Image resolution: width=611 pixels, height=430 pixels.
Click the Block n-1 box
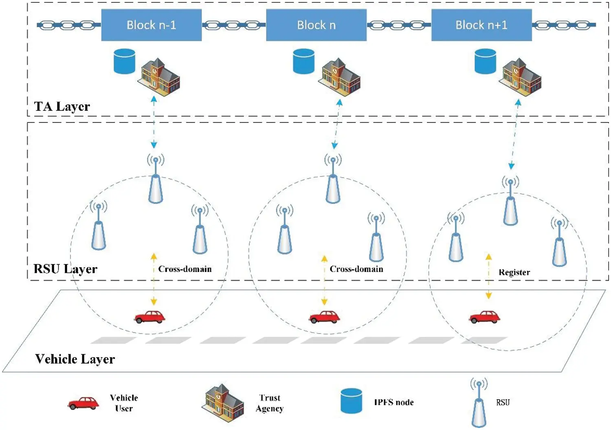point(151,25)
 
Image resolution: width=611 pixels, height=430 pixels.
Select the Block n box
point(316,25)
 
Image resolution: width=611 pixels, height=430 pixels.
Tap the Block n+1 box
point(481,25)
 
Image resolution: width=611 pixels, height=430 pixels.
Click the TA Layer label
point(62,106)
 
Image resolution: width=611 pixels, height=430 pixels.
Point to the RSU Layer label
point(65,269)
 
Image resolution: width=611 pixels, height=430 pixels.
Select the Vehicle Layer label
point(75,359)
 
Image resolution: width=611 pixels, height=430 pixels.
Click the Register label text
point(514,272)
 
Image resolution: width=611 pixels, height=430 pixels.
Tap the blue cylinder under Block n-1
point(124,61)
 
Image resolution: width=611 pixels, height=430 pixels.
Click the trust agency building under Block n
point(339,77)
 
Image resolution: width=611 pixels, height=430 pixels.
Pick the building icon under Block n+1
point(520,77)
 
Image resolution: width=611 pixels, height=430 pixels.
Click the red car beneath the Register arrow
point(484,317)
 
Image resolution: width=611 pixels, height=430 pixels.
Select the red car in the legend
point(84,403)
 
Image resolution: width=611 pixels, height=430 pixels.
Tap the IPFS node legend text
point(393,402)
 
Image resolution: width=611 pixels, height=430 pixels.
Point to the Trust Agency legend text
point(270,403)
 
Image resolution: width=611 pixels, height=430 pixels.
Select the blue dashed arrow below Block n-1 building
point(154,122)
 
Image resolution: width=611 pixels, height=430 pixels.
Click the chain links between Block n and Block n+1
point(399,25)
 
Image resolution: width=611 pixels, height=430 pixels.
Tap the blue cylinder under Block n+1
point(485,61)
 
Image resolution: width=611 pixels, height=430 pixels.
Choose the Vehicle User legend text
point(124,403)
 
